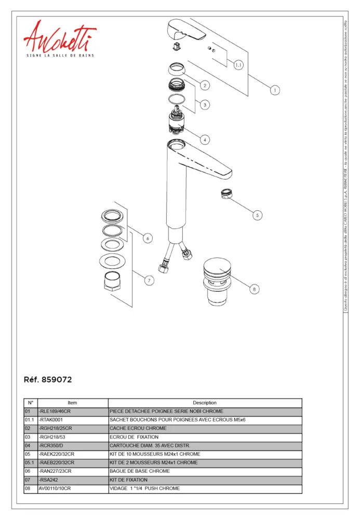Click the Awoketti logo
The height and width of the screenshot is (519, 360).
(59, 36)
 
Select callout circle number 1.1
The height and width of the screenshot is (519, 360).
(238, 65)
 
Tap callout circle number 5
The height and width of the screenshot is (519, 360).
(257, 215)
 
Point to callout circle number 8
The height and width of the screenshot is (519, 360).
(254, 289)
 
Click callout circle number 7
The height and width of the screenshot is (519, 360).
(149, 281)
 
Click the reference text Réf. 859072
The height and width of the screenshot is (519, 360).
(48, 380)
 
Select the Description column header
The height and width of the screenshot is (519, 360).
(205, 403)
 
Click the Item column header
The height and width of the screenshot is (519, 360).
(72, 403)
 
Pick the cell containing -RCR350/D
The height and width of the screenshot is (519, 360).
(72, 446)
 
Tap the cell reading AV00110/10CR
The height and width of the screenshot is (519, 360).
(72, 488)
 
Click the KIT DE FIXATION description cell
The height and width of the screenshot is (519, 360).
(205, 480)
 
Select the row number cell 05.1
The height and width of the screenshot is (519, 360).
(30, 462)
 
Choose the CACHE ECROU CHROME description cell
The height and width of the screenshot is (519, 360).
(205, 429)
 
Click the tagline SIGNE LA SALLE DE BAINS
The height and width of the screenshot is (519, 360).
(60, 55)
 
